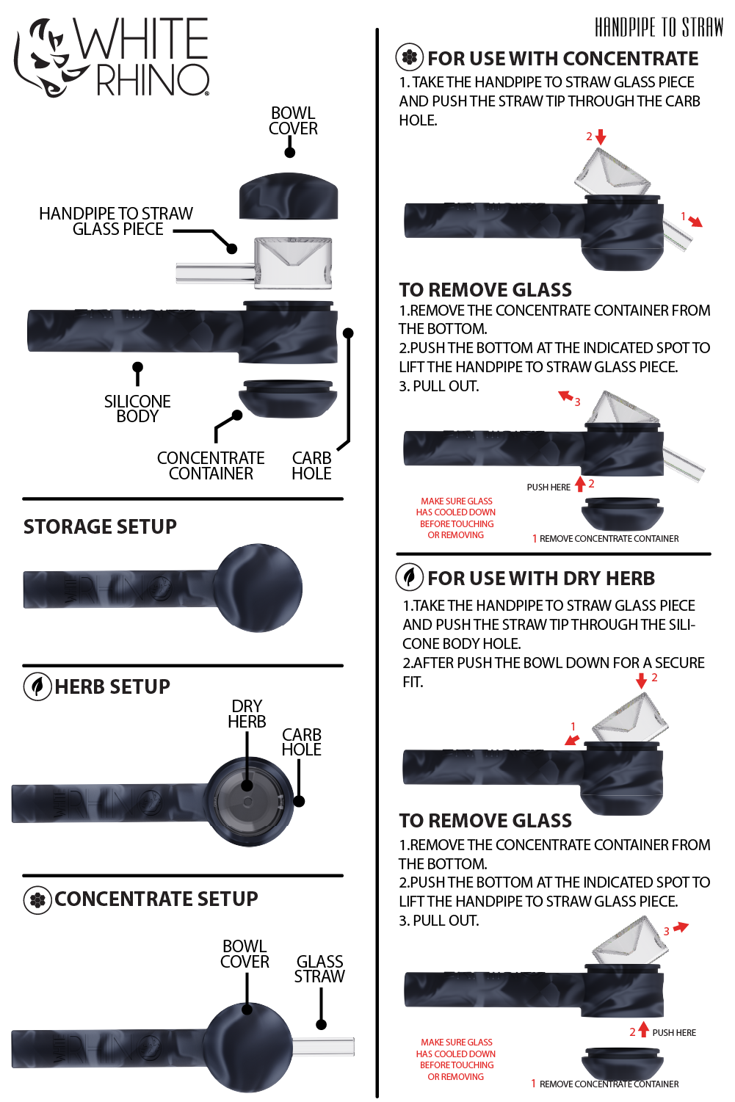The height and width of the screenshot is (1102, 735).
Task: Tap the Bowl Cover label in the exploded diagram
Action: click(x=293, y=121)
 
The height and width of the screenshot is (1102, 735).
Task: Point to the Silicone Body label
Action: click(x=137, y=409)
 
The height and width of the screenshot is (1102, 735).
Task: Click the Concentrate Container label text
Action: click(x=211, y=466)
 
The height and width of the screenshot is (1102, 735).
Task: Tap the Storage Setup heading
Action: click(x=100, y=527)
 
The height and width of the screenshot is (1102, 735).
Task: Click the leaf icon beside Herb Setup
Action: click(x=37, y=686)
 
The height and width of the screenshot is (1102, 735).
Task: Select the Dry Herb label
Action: click(x=247, y=714)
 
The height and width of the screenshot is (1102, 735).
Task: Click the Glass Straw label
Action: click(x=319, y=969)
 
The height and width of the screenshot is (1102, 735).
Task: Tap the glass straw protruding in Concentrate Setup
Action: click(x=324, y=1046)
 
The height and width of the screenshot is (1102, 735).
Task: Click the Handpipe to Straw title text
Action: click(x=659, y=28)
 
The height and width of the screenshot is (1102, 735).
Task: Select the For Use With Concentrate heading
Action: click(x=563, y=59)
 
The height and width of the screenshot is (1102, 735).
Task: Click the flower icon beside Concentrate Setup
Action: click(x=37, y=899)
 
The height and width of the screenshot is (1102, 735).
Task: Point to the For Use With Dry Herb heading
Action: click(x=541, y=579)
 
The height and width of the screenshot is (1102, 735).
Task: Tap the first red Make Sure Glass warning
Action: click(x=456, y=518)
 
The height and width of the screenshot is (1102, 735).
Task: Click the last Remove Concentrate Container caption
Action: click(x=609, y=1084)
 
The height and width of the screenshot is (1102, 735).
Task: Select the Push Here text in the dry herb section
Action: click(x=674, y=1032)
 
